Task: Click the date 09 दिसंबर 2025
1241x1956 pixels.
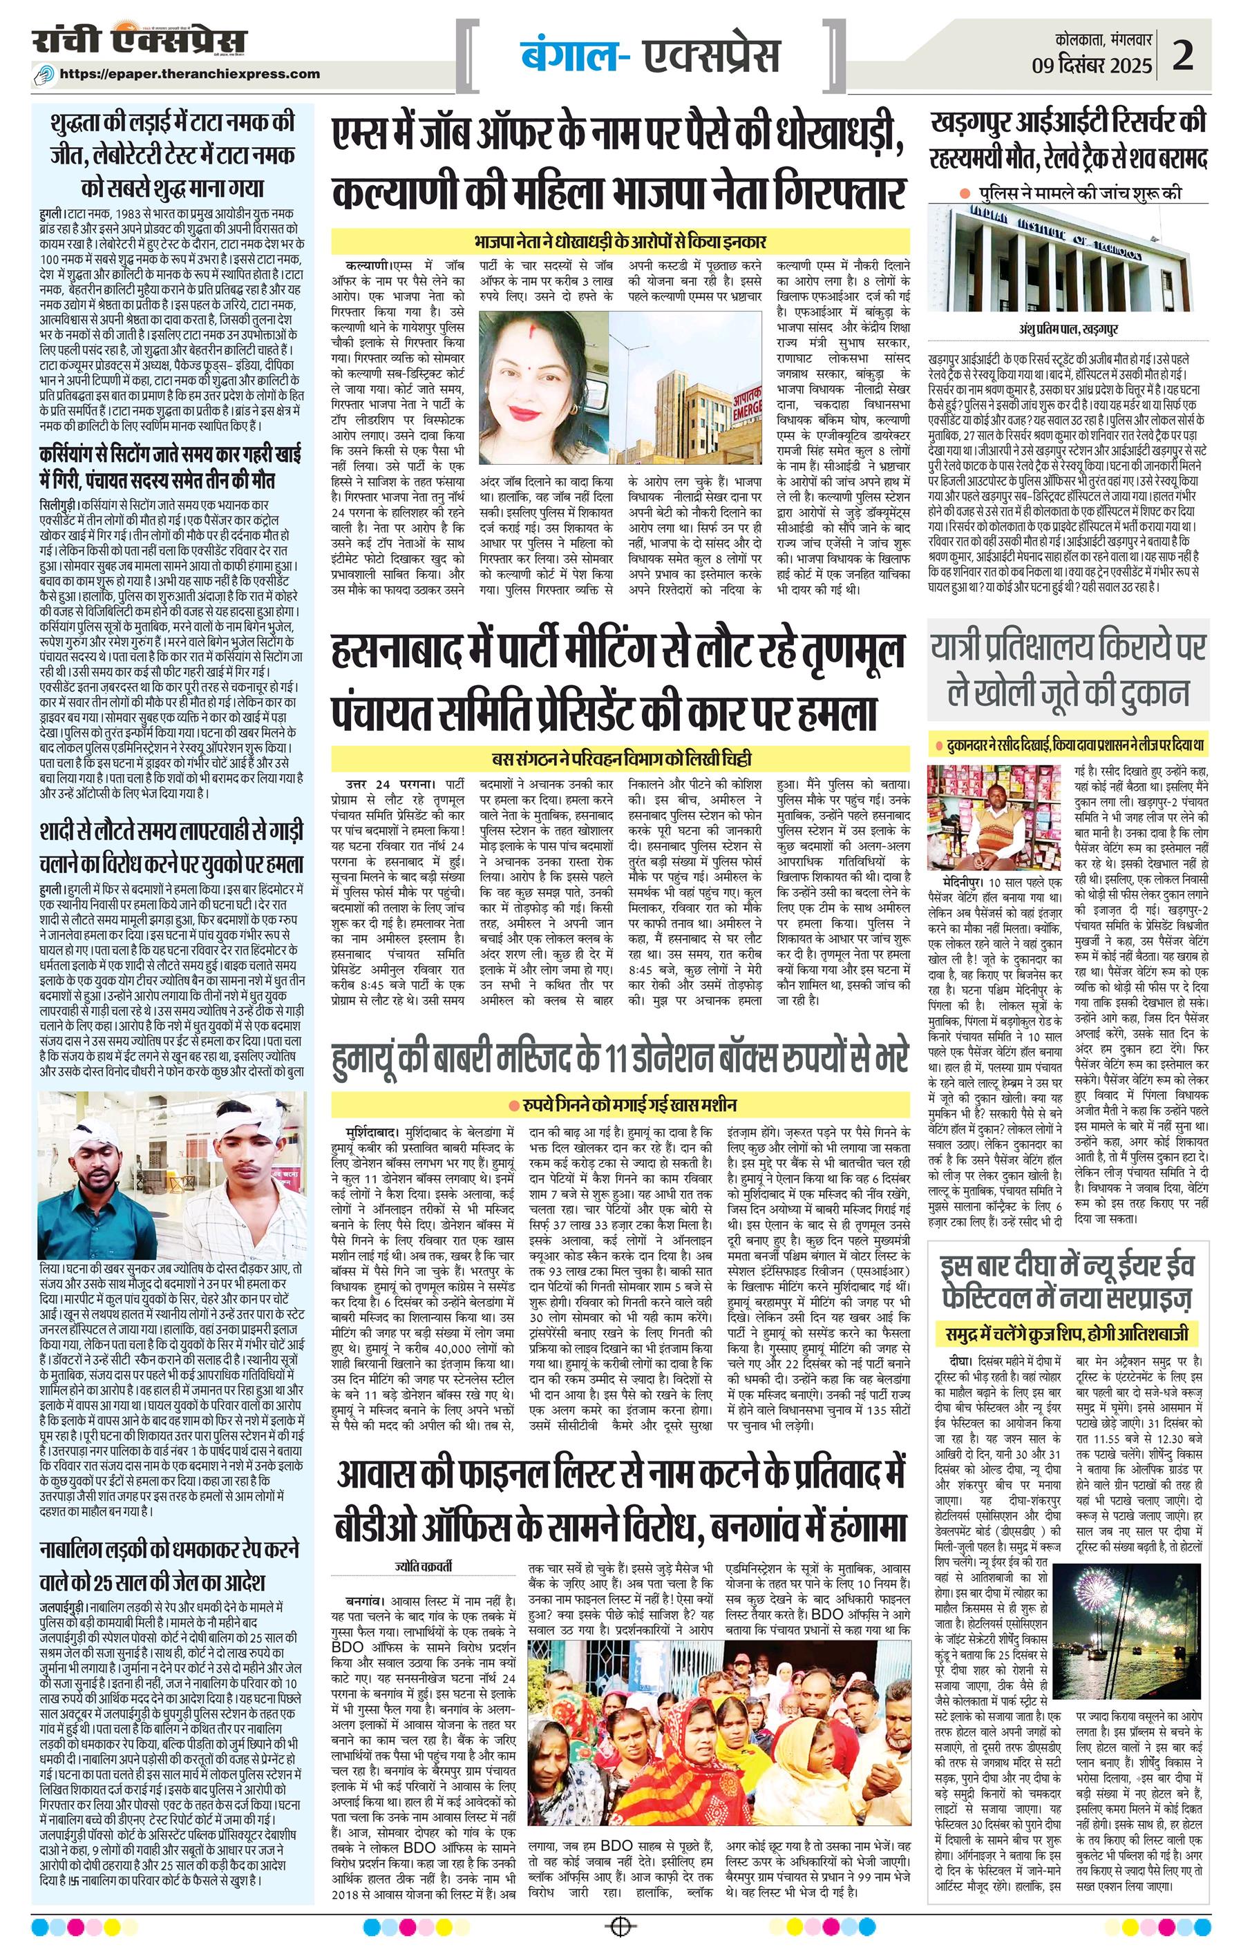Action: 1092,66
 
